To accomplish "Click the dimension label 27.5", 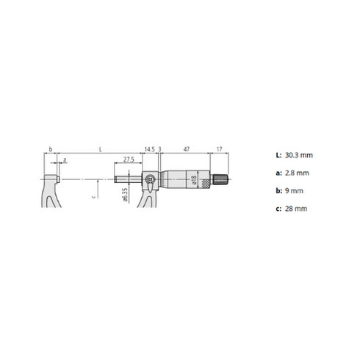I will pos(129,159).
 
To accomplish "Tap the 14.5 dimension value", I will pos(150,149).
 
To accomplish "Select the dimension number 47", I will pos(187,149).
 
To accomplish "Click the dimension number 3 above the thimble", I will pos(159,149).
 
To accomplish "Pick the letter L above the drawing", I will pos(100,149).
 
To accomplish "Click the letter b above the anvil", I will pos(50,149).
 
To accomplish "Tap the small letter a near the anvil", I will pos(65,159).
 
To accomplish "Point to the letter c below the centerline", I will pos(94,197).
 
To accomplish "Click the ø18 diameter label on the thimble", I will pos(193,180).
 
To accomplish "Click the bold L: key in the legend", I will pos(277,156).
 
